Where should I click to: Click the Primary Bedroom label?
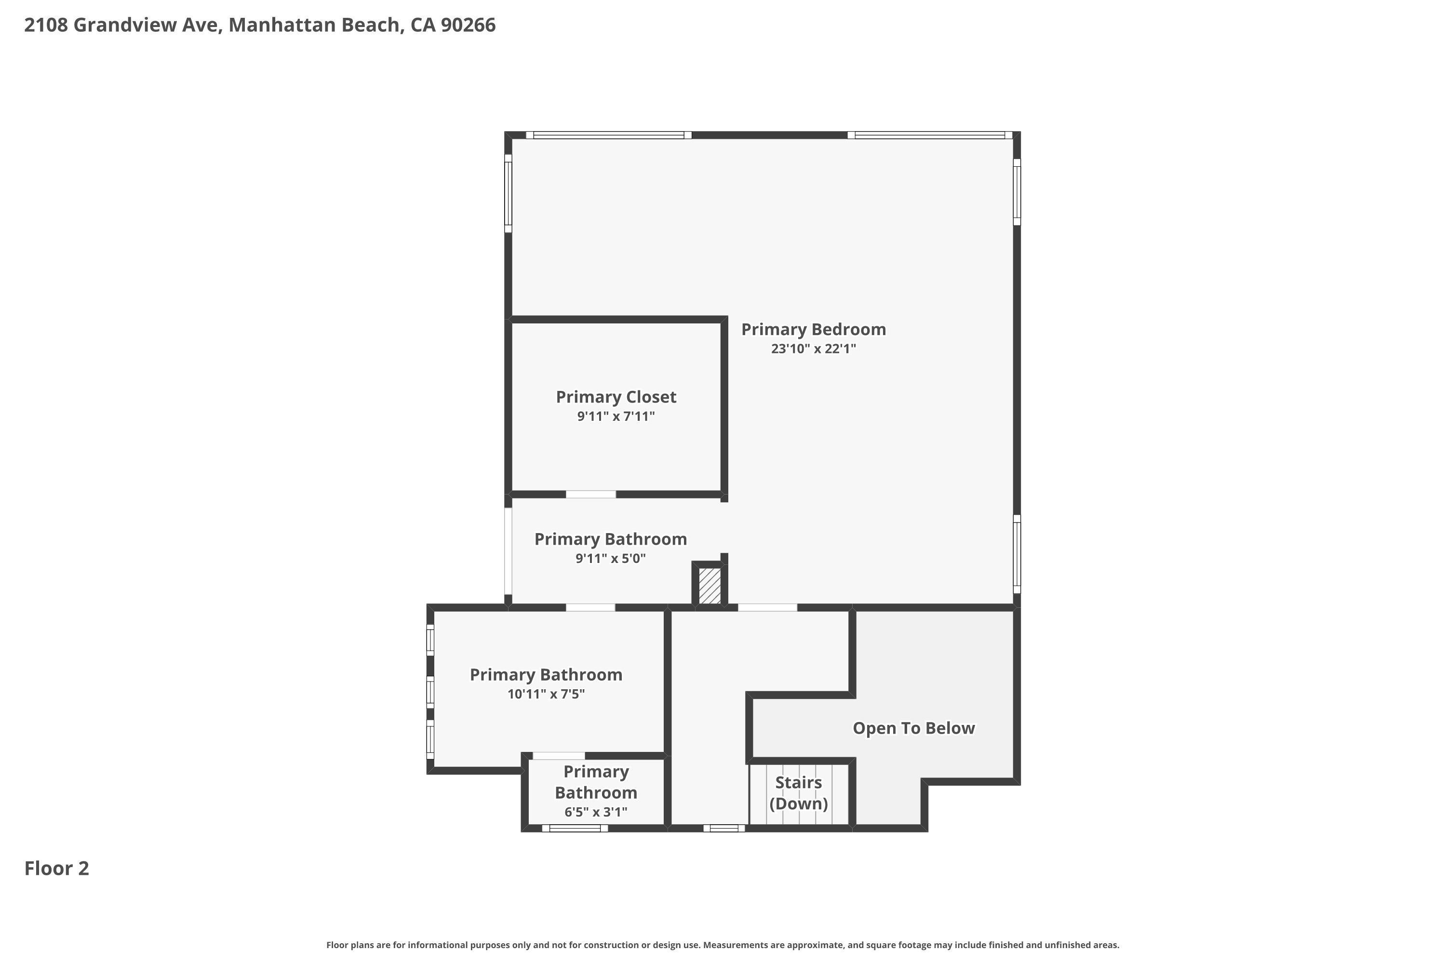pos(814,330)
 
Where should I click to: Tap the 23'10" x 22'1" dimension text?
pos(814,348)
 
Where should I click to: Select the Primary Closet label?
pos(616,397)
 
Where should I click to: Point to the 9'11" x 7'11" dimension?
pos(616,416)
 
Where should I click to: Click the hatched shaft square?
pos(710,585)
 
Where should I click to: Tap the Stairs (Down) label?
pos(799,792)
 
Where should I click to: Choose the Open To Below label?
pos(913,728)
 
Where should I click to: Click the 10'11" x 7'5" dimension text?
pos(546,694)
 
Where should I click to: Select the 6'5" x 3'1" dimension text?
pos(596,812)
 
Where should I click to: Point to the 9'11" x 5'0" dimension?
pos(611,558)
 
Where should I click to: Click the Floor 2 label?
pos(56,868)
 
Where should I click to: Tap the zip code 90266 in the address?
pos(468,25)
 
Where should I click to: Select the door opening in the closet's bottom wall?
pos(591,495)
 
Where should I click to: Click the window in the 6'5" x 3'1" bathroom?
pos(575,828)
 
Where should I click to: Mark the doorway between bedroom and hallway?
pos(767,607)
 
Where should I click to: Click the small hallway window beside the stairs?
pos(724,828)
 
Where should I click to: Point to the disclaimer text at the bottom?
pos(723,945)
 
